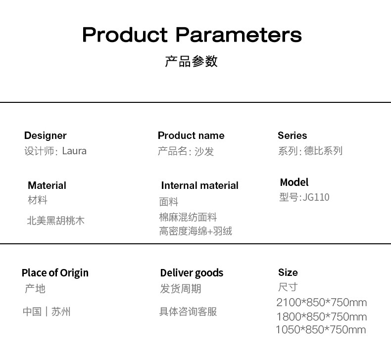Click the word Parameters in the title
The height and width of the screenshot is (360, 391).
pos(239,35)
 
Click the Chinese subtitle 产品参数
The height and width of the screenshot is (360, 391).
pos(191,61)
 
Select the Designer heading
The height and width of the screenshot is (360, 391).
pos(46,136)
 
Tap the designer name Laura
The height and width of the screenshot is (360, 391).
pos(74,151)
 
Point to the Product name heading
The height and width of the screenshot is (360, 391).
pos(191,135)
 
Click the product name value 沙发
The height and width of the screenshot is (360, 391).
pos(204,151)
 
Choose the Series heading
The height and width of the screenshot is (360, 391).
pos(292,135)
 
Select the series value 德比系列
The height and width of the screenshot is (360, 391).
pos(323,151)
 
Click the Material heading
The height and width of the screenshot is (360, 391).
pos(47,185)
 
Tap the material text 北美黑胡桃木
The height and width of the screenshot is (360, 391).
pos(55,221)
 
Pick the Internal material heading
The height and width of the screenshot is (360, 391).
pos(200,185)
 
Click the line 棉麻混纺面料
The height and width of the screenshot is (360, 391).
pos(188,217)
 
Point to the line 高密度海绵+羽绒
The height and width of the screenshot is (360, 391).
pos(196,231)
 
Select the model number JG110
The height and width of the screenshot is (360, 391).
pos(316,197)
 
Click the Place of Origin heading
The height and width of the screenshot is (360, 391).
pos(55,273)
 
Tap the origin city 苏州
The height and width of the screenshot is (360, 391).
pos(61,312)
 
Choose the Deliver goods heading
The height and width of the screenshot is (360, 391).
pos(192,273)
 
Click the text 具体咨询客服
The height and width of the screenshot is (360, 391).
pos(188,312)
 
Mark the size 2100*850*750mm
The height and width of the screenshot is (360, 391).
pos(322,303)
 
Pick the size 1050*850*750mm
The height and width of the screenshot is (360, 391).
pos(321,330)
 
